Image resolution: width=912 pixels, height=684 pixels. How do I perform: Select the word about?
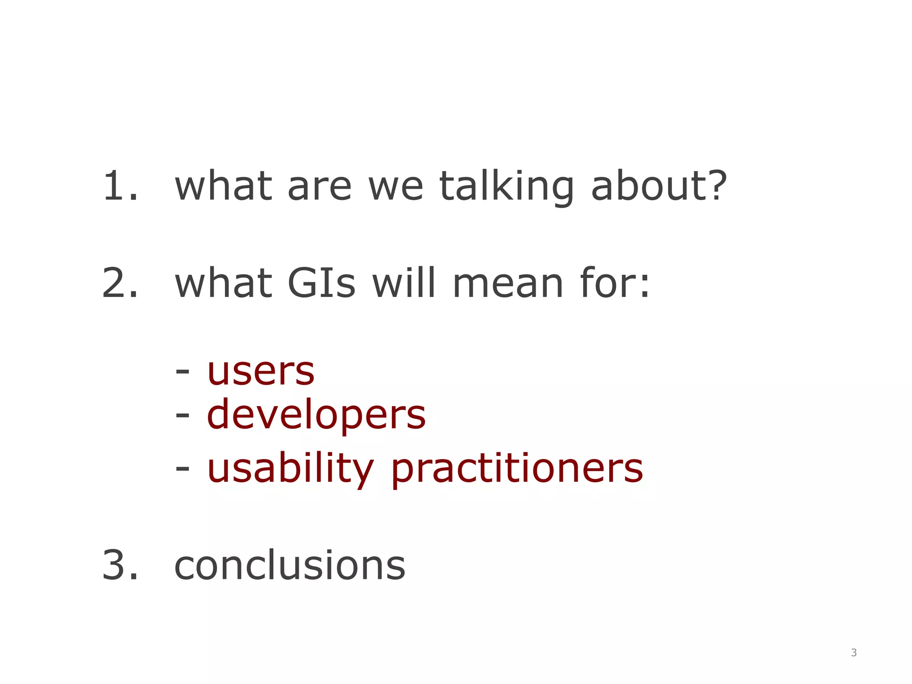coord(659,186)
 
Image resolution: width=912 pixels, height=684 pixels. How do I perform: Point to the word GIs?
coord(322,283)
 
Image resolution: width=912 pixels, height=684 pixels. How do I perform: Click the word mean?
coord(508,284)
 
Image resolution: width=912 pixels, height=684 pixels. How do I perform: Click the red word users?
coord(261,372)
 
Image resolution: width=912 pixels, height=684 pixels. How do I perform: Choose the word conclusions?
coord(290,566)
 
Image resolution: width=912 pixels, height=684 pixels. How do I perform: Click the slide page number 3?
coord(854,653)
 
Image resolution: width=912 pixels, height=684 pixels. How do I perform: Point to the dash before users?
coord(182,370)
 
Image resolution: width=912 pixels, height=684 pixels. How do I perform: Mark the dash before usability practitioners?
coord(182,468)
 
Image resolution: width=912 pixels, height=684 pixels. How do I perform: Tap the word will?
coord(403,283)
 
